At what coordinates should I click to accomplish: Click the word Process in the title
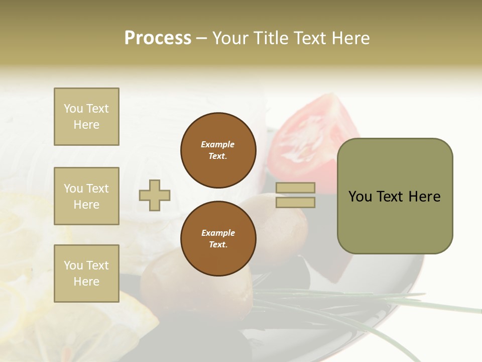coord(158,38)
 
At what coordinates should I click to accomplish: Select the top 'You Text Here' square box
coord(86,117)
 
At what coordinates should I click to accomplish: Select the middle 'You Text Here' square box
coord(86,196)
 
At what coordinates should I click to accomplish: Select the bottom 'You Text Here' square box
coord(86,273)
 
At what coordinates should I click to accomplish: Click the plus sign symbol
coord(155,195)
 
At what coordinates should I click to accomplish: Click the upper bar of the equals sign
coord(296,188)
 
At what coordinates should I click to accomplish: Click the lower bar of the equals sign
coord(296,203)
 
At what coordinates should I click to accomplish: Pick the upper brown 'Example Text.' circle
coord(218,150)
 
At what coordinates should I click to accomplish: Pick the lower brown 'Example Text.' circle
coord(218,238)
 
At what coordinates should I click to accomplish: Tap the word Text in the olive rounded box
coord(395,197)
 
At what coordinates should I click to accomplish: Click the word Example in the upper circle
coord(217,144)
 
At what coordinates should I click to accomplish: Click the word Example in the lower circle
coord(218,233)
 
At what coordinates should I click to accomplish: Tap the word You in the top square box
coord(72,109)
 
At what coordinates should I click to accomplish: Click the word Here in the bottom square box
coord(86,282)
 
